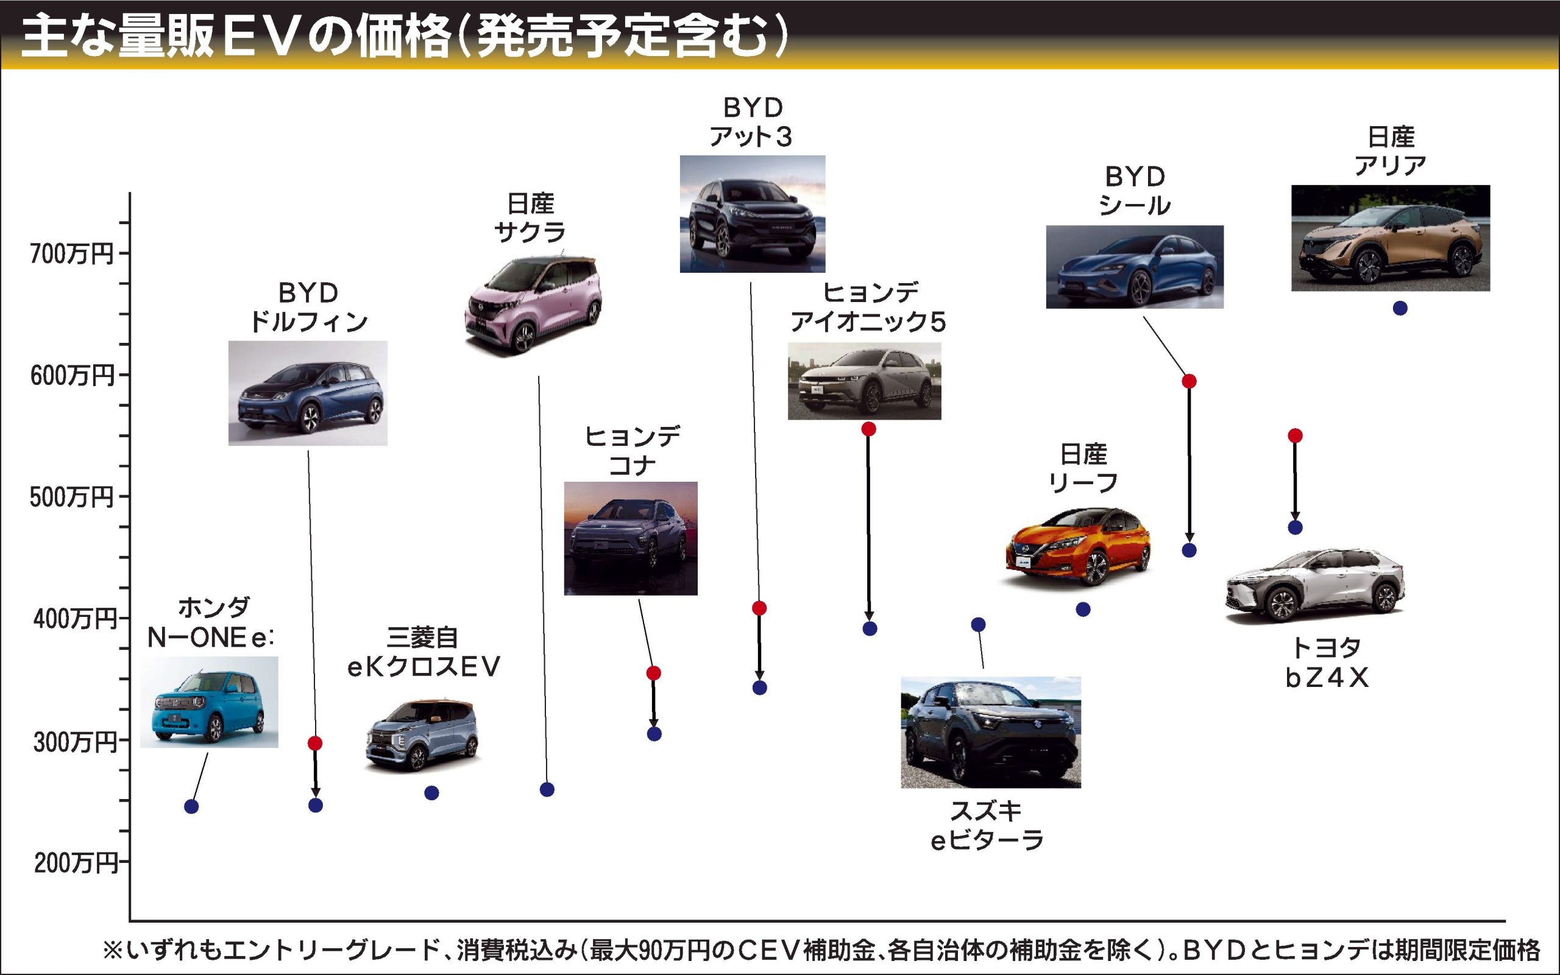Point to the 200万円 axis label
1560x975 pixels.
click(75, 863)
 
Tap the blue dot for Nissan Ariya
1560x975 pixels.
click(1399, 308)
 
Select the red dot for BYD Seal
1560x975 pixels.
click(1189, 381)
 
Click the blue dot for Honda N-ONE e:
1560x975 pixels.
click(191, 807)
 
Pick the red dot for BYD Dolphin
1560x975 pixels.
click(315, 744)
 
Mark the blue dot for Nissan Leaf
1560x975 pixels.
click(1083, 610)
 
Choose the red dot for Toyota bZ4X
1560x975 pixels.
click(1295, 436)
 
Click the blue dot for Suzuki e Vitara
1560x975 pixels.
click(978, 624)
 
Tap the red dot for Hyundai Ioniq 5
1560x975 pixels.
click(868, 429)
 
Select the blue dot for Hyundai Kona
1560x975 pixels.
click(654, 734)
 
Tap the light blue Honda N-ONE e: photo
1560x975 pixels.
click(209, 703)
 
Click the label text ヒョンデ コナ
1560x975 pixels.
click(633, 451)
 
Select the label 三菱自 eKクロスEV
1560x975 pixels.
click(424, 653)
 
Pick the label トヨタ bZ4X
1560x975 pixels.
click(1327, 662)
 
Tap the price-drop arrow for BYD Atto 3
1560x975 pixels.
click(759, 647)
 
